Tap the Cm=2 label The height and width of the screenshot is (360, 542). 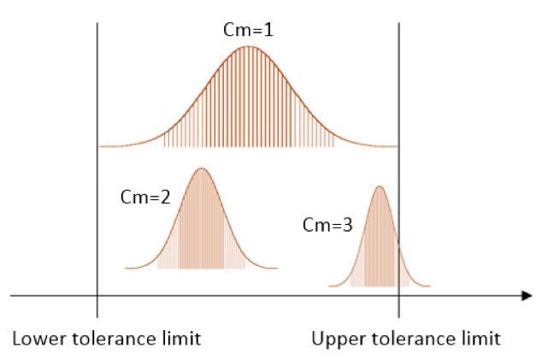point(145,195)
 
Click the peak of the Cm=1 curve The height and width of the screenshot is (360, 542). point(249,45)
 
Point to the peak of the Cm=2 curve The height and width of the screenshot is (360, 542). point(202,168)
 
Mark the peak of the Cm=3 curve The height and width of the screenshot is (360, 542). point(380,186)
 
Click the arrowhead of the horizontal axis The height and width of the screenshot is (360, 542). point(527,296)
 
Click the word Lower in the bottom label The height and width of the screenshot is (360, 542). point(35,338)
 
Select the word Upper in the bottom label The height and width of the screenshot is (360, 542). point(335,338)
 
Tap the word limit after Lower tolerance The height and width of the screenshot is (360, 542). point(182,338)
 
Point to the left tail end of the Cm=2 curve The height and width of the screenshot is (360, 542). point(127,269)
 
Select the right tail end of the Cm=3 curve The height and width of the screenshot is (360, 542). point(429,286)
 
